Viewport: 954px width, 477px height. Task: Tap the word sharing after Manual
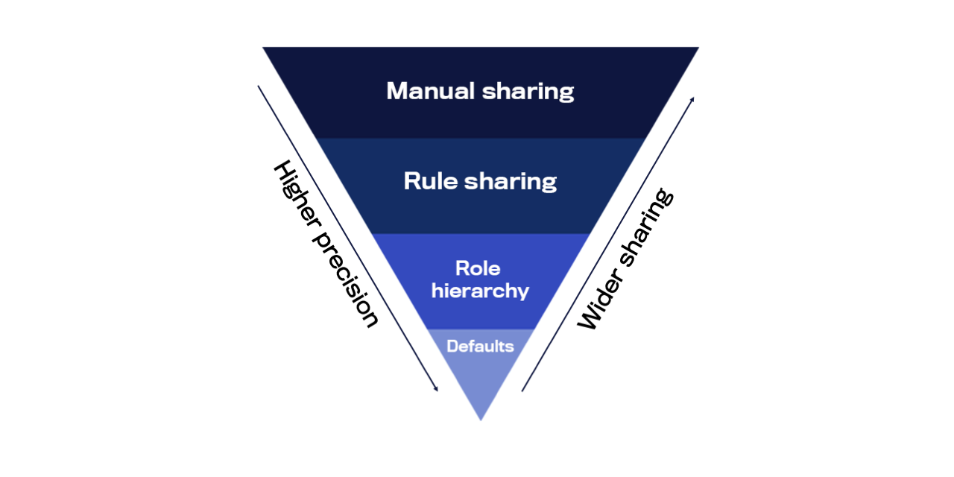pyautogui.click(x=528, y=92)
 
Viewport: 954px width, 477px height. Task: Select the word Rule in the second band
pyautogui.click(x=431, y=181)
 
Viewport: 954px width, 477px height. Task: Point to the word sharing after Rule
pyautogui.click(x=511, y=183)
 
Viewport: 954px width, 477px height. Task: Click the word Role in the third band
pyautogui.click(x=478, y=269)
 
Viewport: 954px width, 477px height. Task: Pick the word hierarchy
pyautogui.click(x=480, y=291)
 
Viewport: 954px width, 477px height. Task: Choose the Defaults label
pyautogui.click(x=480, y=347)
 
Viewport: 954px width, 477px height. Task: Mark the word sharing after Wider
pyautogui.click(x=646, y=227)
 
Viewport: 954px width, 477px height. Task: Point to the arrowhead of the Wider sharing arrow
pyautogui.click(x=692, y=100)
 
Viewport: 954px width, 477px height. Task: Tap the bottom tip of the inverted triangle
pyautogui.click(x=481, y=421)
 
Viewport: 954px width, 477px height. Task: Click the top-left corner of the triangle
pyautogui.click(x=262, y=47)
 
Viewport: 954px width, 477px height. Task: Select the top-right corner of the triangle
pyautogui.click(x=699, y=47)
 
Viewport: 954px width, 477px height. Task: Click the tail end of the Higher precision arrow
pyautogui.click(x=258, y=86)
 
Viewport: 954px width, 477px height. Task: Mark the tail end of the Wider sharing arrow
pyautogui.click(x=522, y=391)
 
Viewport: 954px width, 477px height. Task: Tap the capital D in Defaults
pyautogui.click(x=452, y=347)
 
